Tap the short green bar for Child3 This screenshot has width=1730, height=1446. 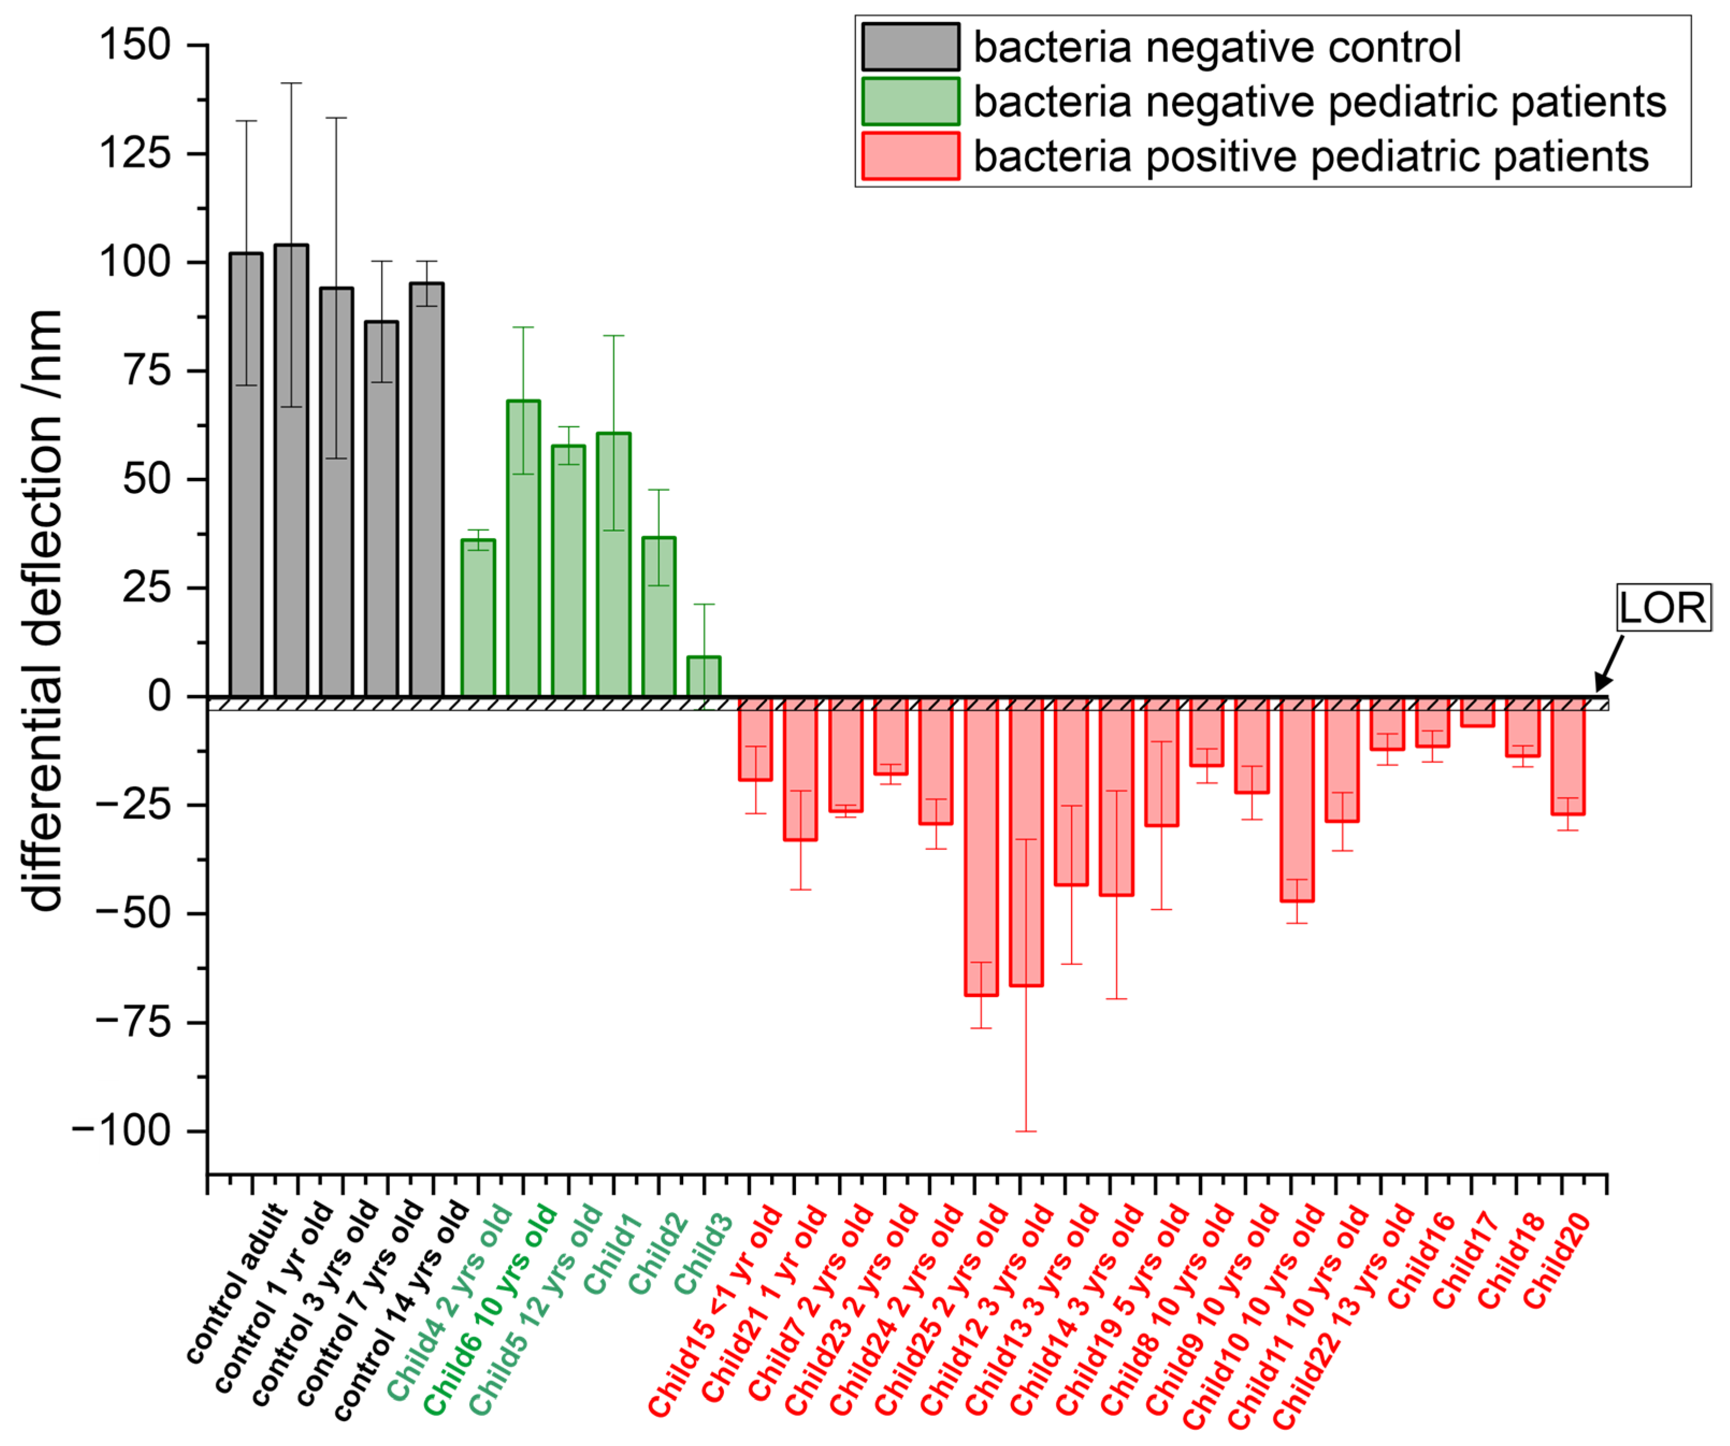(704, 677)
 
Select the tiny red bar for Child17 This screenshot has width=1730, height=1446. (1477, 713)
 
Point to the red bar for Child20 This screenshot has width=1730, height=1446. (1568, 758)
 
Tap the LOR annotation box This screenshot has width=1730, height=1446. (1662, 608)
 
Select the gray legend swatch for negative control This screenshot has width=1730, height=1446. (910, 47)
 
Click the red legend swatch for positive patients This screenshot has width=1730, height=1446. (910, 156)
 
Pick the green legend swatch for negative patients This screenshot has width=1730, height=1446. (910, 101)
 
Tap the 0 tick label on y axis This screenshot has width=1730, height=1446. (159, 696)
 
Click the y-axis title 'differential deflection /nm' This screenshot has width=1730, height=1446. (45, 609)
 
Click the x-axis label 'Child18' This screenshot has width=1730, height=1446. (1509, 1260)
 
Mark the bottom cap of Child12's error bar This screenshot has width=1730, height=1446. (1026, 1131)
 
